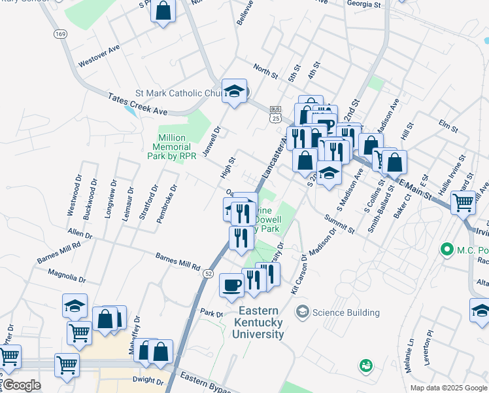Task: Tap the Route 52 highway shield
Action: tap(208, 272)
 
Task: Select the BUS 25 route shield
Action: tap(275, 114)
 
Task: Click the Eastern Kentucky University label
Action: tap(258, 322)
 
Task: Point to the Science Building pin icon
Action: tap(302, 312)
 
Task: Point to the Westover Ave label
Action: tap(99, 57)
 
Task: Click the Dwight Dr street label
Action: tap(147, 380)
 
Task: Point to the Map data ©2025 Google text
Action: tap(448, 388)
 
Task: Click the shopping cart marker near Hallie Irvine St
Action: tap(464, 202)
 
